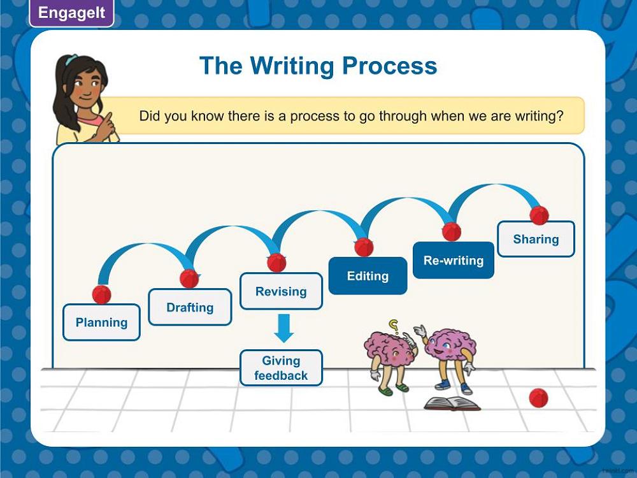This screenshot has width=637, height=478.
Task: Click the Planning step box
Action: point(101,322)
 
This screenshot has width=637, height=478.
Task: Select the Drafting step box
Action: point(190,307)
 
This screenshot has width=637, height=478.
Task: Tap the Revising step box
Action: point(281,291)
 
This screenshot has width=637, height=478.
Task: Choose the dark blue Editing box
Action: point(368,276)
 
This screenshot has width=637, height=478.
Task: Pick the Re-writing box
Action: point(454,260)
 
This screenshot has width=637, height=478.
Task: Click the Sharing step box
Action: point(536,239)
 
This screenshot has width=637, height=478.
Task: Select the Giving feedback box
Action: point(281,368)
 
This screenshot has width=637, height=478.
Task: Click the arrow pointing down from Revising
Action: point(284,328)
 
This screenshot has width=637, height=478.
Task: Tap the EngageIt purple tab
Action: point(71,13)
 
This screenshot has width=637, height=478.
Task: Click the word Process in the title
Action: point(389,66)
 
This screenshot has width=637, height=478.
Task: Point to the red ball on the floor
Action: point(539,398)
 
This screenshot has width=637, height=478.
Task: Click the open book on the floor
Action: point(452,403)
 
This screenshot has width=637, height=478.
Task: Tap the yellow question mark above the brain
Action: point(394,326)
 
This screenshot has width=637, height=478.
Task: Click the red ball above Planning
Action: point(101,294)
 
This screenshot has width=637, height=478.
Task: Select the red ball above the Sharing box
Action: point(540,215)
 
